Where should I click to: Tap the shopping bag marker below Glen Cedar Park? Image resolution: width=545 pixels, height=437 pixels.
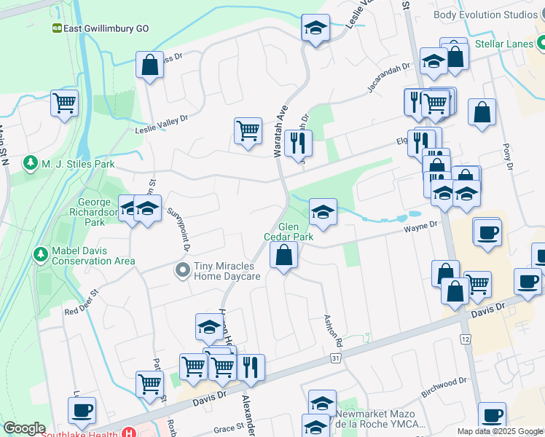click(283, 256)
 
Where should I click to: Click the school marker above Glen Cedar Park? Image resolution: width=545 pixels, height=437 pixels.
click(323, 212)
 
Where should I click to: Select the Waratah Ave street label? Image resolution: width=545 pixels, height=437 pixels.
click(281, 131)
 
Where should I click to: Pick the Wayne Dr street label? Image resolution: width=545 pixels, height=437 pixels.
click(420, 229)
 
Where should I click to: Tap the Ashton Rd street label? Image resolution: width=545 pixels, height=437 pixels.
click(333, 330)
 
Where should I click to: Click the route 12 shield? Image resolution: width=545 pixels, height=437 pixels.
click(466, 339)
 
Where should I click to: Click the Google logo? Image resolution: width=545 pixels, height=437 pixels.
click(24, 429)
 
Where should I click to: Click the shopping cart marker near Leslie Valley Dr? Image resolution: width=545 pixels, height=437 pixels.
click(248, 131)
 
